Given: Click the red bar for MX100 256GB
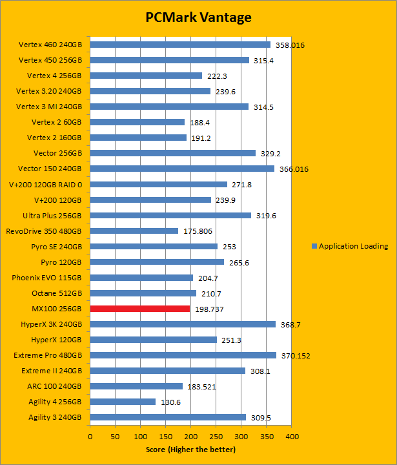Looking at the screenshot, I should [140, 309].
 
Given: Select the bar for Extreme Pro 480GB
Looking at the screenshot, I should [183, 355].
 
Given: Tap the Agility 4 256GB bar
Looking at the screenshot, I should [123, 402].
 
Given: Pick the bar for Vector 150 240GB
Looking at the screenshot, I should [182, 169].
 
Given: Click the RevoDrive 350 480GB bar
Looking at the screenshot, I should [134, 231].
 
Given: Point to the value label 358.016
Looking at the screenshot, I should [290, 45].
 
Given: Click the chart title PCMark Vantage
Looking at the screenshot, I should [198, 17].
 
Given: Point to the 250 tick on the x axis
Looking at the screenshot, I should [216, 437].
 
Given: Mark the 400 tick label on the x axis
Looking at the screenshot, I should [292, 437].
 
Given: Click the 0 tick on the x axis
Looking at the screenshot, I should [90, 437].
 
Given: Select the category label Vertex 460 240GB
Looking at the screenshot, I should [50, 45].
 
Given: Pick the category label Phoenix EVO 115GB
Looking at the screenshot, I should [46, 278].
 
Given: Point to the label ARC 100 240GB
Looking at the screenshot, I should [56, 386].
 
